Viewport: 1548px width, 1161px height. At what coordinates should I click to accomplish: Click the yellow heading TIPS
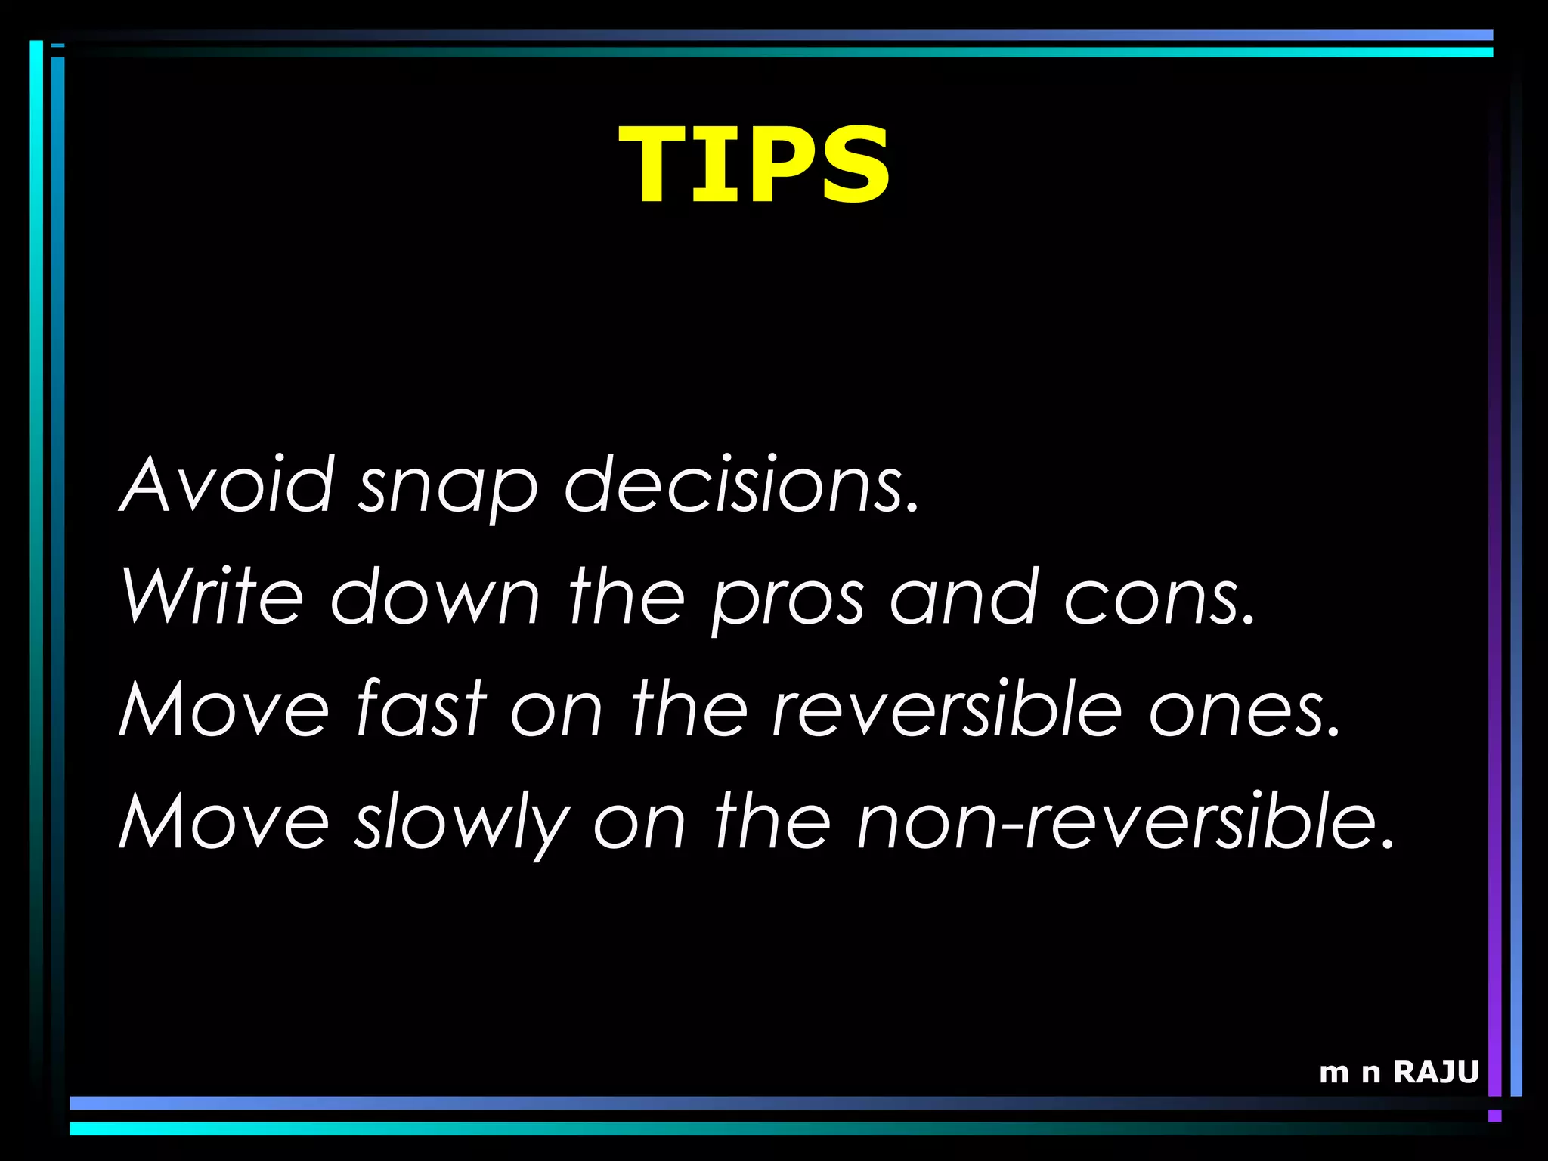pyautogui.click(x=754, y=164)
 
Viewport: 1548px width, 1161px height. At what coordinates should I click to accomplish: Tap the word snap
pyautogui.click(x=447, y=488)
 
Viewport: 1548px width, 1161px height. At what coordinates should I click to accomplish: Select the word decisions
pyautogui.click(x=741, y=485)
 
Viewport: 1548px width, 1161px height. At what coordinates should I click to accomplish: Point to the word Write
pyautogui.click(x=212, y=596)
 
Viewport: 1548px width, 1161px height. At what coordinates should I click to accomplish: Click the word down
pyautogui.click(x=435, y=596)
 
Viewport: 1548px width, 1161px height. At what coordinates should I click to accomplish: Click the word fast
pyautogui.click(x=420, y=708)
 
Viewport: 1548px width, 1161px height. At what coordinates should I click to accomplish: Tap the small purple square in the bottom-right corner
pyautogui.click(x=1494, y=1116)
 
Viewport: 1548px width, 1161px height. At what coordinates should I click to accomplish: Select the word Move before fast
pyautogui.click(x=224, y=708)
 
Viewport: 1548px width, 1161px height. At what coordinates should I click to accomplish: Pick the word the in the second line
pyautogui.click(x=627, y=596)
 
